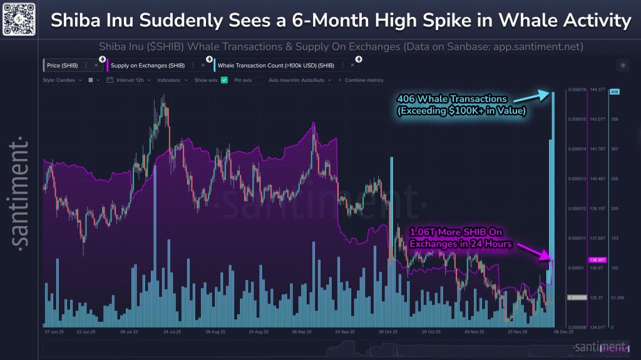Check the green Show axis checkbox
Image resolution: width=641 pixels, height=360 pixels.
pos(224,80)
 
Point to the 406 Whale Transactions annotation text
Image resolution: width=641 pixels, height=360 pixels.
pos(462,105)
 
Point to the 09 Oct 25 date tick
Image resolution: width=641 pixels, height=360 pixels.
pos(388,332)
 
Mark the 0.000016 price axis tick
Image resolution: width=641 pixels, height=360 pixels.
pos(577,90)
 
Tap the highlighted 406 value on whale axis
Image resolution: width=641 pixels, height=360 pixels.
pos(614,91)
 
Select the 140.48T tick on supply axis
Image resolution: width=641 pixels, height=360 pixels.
pos(596,178)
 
